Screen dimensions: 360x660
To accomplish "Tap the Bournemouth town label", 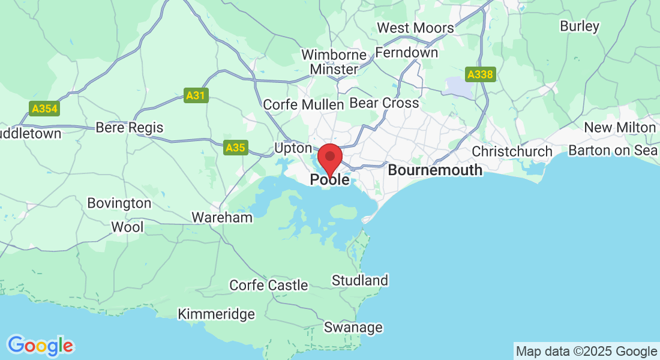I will [x=435, y=170].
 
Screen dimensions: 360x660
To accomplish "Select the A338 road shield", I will [x=480, y=74].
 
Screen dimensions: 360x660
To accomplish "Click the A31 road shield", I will [x=196, y=95].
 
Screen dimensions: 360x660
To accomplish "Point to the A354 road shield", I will [x=44, y=109].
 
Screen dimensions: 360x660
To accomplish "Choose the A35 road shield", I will [x=236, y=147].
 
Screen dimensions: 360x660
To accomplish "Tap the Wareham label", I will [x=222, y=217].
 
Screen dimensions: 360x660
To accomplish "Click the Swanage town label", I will [x=353, y=327].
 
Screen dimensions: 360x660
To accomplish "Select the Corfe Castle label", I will [x=269, y=286].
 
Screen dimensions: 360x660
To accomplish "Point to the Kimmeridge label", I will [x=216, y=314].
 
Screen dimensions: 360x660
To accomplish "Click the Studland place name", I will [x=360, y=280].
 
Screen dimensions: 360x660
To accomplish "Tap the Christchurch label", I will [x=512, y=151].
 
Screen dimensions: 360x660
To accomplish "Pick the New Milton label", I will [x=620, y=127].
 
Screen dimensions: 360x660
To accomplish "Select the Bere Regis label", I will [x=130, y=128].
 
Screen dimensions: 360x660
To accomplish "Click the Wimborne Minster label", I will [x=334, y=62].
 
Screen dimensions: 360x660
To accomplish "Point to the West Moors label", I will [x=415, y=28].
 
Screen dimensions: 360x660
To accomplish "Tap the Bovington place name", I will [x=119, y=203].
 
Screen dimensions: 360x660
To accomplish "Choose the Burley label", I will [x=579, y=26].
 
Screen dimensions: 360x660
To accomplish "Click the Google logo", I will [x=40, y=346].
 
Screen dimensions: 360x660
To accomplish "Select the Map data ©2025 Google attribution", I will [x=586, y=351].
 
